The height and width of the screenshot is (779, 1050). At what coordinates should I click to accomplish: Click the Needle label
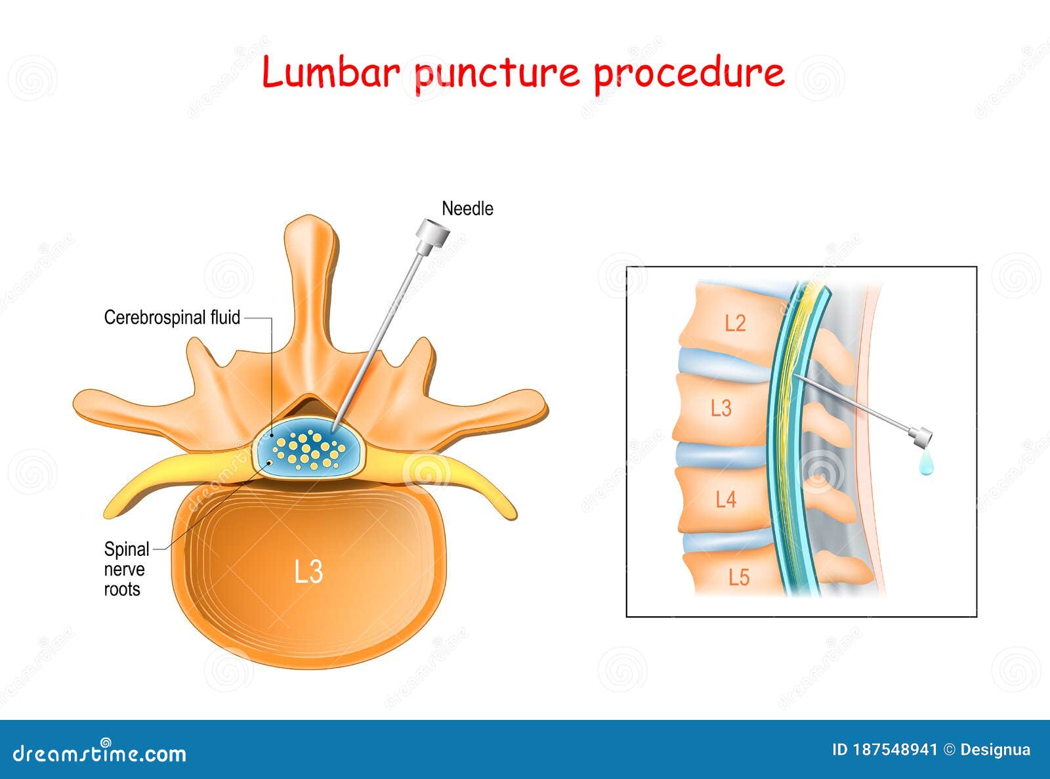tap(467, 209)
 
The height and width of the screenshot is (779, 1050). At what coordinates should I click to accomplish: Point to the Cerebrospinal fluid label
tap(172, 318)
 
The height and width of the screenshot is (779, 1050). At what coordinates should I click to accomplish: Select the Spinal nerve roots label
tap(125, 569)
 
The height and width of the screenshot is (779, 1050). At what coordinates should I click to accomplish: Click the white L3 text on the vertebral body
tap(308, 572)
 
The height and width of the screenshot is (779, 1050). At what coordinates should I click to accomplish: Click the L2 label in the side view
tap(735, 323)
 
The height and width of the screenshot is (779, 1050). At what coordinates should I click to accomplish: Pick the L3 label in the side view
tap(721, 408)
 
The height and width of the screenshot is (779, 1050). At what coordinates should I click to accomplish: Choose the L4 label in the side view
tap(726, 500)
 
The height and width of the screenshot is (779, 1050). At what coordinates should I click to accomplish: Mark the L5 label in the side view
tap(739, 578)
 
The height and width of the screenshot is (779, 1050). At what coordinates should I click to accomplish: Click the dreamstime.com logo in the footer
tap(100, 753)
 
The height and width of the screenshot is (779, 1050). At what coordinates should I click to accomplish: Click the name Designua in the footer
tap(995, 749)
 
